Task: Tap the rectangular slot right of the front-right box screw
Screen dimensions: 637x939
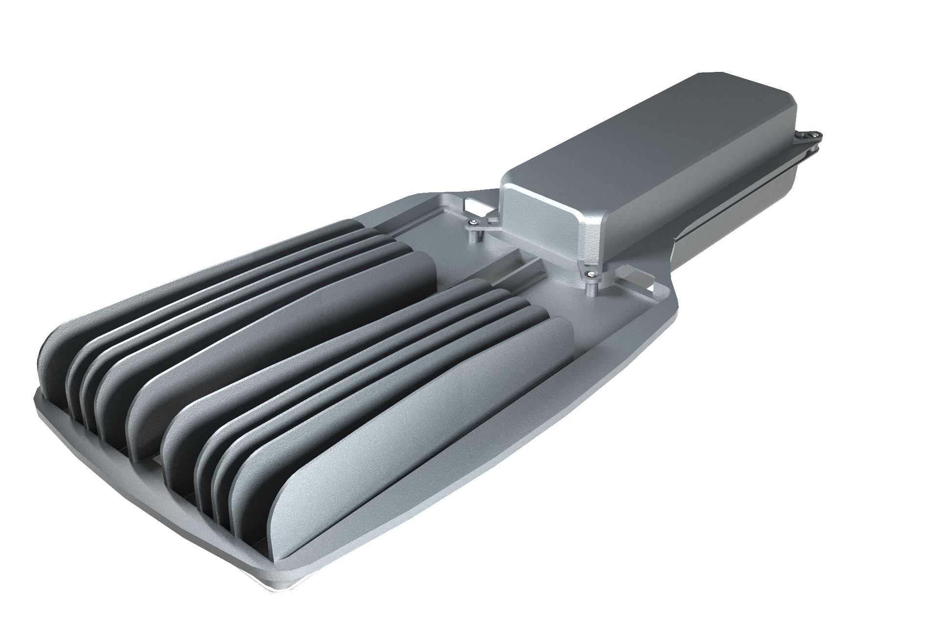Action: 636,284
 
